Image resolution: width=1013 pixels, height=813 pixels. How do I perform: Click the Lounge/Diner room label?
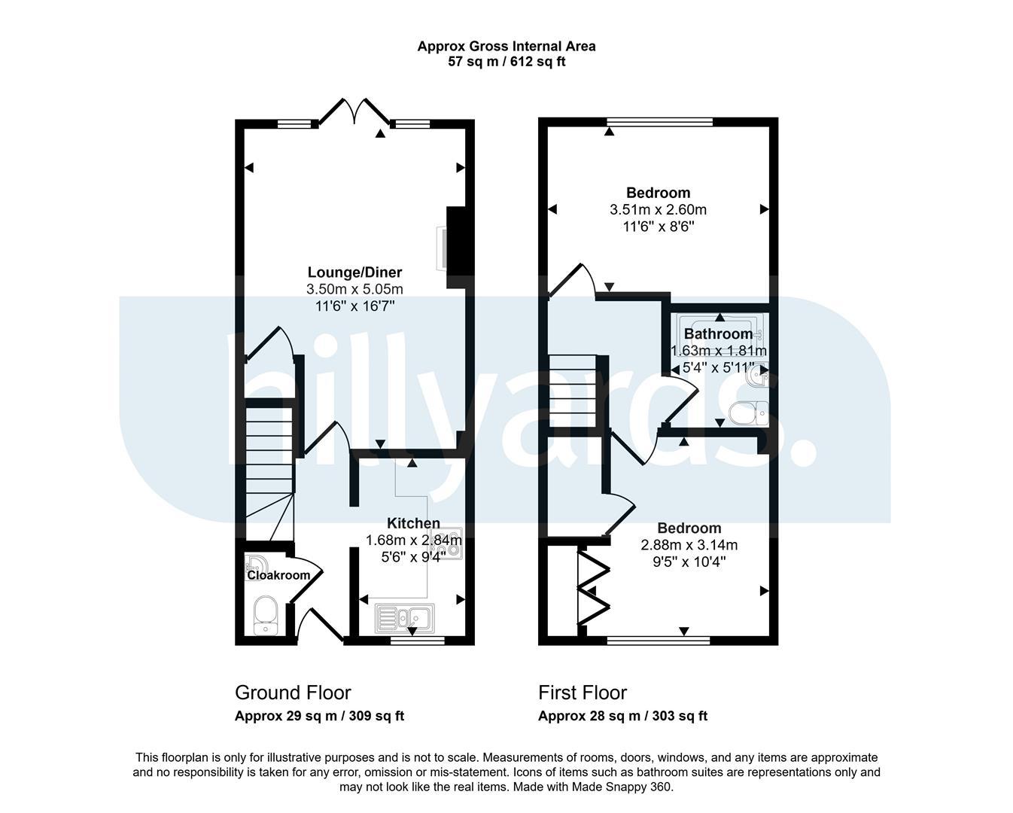(x=354, y=272)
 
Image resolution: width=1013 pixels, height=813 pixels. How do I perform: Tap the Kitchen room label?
(x=413, y=523)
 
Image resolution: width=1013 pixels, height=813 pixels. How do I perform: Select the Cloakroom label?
(x=278, y=575)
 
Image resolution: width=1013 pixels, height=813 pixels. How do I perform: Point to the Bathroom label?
(x=718, y=333)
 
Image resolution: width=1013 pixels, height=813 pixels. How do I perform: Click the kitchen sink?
(x=405, y=618)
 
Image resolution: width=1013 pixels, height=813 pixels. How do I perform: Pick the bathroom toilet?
(x=748, y=413)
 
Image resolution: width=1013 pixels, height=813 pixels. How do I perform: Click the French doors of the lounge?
(x=354, y=112)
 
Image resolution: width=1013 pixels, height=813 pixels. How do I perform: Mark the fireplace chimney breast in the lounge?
(x=455, y=248)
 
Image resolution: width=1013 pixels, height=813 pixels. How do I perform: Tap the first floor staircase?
(x=573, y=391)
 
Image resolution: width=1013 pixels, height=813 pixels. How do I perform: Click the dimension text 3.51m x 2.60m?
(x=658, y=209)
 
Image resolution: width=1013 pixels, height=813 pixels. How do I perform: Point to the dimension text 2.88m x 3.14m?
(x=689, y=545)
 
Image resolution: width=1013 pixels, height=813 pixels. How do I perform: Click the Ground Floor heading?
(x=293, y=693)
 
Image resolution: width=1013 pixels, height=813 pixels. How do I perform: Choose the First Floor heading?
(x=583, y=693)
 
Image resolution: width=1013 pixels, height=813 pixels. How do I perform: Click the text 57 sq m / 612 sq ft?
(x=506, y=62)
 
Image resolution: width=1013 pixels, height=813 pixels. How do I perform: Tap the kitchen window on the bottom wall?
(x=418, y=640)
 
